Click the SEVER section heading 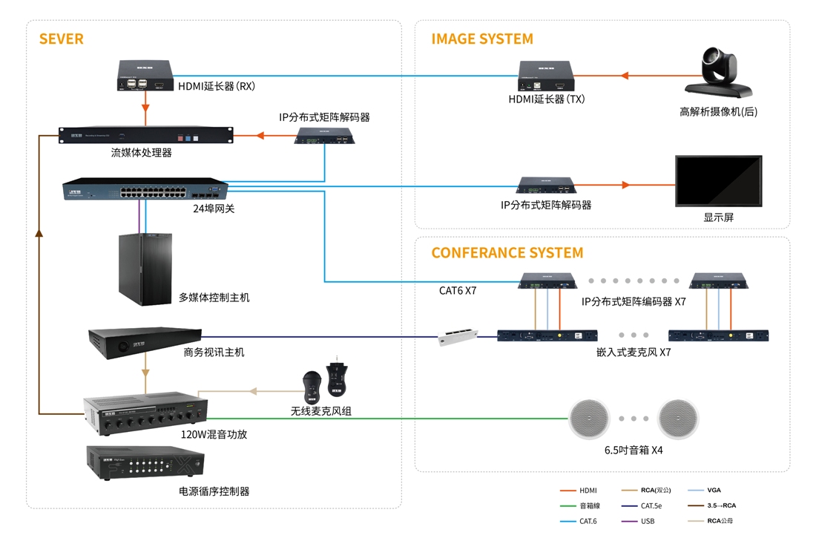tap(61, 39)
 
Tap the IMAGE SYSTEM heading tap(482, 39)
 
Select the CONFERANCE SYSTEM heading tap(507, 253)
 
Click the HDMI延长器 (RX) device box tap(145, 76)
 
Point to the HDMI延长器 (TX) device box tap(546, 76)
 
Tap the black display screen tap(719, 181)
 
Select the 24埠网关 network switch tap(145, 189)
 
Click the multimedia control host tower tap(145, 269)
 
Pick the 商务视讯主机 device tap(145, 343)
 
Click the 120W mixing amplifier tap(145, 413)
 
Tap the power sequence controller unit tap(145, 462)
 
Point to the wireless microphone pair tap(325, 381)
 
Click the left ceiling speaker tap(589, 419)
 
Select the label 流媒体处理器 tap(141, 153)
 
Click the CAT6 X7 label tap(458, 290)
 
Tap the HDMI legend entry tap(579, 491)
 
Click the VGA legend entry tap(704, 490)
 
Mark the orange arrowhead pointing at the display tap(626, 185)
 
